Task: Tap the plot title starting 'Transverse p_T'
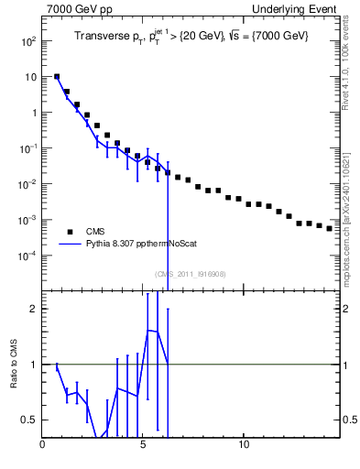pyautogui.click(x=191, y=36)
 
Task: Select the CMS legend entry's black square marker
pyautogui.click(x=69, y=232)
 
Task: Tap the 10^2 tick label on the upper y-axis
pyautogui.click(x=29, y=42)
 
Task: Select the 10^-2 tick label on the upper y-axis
pyautogui.click(x=29, y=184)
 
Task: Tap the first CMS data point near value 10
pyautogui.click(x=57, y=77)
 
